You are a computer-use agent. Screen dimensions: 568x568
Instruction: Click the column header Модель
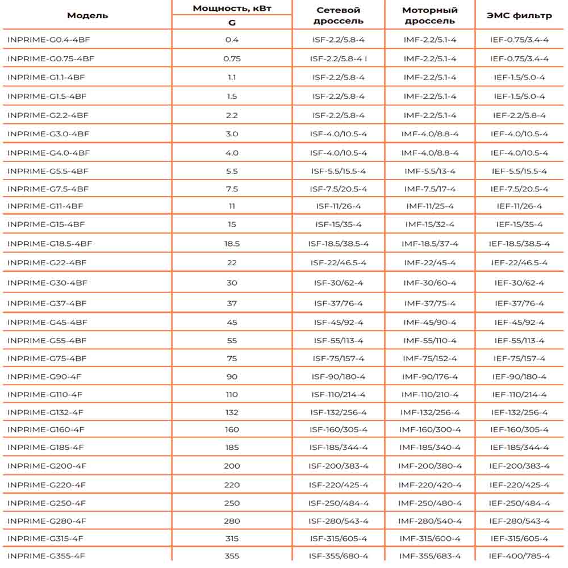tap(87, 15)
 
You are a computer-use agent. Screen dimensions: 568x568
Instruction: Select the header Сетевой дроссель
tap(338, 15)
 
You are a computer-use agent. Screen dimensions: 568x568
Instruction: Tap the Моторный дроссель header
tap(430, 15)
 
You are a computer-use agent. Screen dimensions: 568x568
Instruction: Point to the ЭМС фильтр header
tap(519, 15)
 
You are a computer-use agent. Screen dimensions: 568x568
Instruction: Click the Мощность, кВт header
tap(232, 9)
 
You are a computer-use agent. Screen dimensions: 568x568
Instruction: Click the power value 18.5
tap(232, 244)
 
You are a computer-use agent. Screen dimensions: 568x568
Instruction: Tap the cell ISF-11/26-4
tap(339, 206)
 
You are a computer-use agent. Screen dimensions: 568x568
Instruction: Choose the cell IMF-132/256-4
tap(430, 412)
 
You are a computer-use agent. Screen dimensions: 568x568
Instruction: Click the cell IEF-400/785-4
tap(519, 556)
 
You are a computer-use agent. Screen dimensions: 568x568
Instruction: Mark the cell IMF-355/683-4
tap(430, 556)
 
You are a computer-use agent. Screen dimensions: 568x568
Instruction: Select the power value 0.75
tap(232, 59)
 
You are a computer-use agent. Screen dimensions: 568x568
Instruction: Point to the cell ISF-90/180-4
tap(339, 377)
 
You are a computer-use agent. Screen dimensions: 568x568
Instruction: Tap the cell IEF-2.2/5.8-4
tap(519, 115)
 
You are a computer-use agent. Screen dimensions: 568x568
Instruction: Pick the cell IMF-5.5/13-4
tap(430, 171)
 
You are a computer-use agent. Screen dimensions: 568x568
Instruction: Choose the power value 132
tap(232, 412)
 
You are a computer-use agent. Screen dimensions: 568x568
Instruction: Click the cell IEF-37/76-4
tap(519, 303)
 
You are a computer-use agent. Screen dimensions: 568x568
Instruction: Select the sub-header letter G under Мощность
tap(232, 23)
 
